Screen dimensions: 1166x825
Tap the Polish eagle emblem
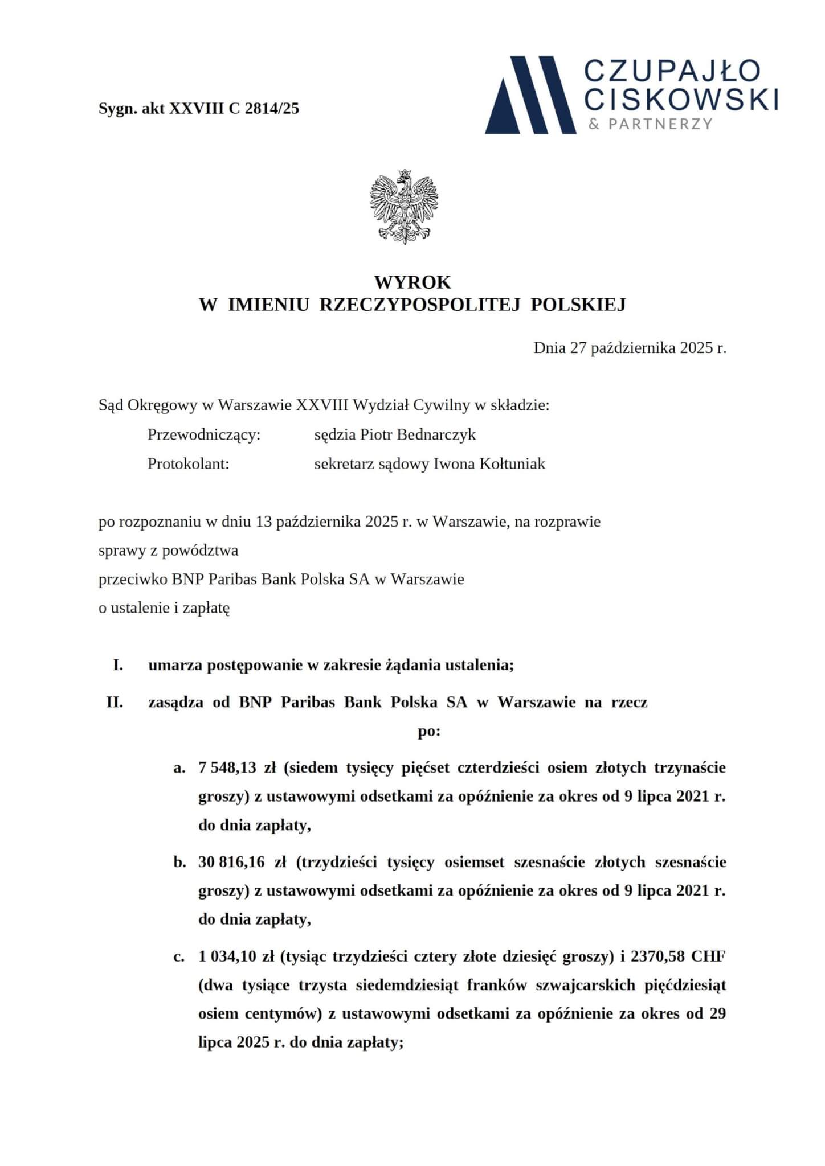click(404, 207)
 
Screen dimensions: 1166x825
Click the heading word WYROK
click(412, 282)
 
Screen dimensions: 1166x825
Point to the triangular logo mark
click(531, 95)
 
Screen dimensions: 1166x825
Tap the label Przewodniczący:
click(204, 435)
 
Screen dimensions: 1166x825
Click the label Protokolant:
click(188, 464)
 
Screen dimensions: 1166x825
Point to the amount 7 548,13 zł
click(237, 767)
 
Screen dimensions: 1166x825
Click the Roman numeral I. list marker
click(118, 665)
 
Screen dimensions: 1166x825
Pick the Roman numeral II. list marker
click(115, 702)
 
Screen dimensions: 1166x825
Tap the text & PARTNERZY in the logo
click(650, 124)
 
